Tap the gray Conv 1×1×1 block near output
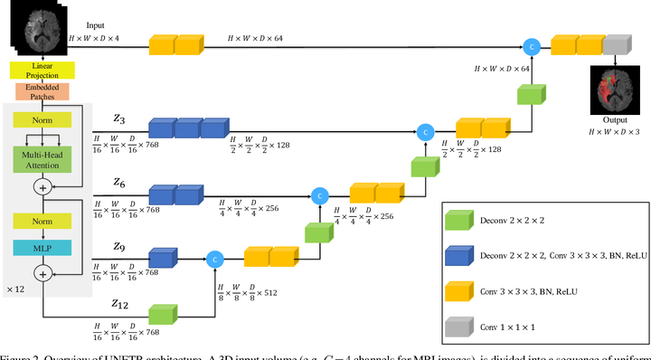[616, 45]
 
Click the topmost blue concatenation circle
[533, 45]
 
